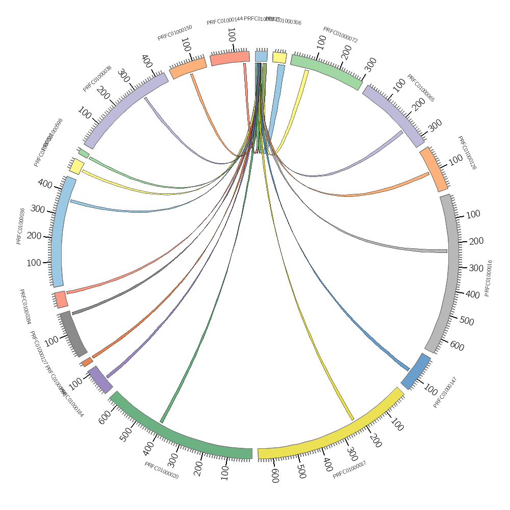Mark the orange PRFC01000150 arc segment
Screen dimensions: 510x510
coord(188,68)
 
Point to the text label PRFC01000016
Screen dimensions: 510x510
coord(488,278)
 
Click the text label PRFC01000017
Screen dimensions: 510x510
coord(350,470)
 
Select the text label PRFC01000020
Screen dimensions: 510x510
coord(161,470)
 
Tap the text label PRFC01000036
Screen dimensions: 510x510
coord(20,226)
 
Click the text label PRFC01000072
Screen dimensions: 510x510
coord(340,35)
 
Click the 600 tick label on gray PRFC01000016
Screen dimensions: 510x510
coord(457,346)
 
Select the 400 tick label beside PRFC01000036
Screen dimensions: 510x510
coord(44,184)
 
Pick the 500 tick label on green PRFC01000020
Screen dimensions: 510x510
coord(126,434)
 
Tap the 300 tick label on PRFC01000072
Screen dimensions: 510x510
coord(371,64)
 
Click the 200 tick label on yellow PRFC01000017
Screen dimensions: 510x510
coord(375,441)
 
